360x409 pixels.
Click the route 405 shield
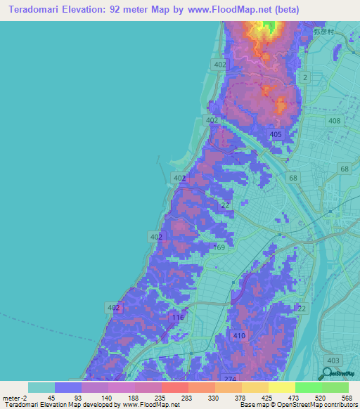tap(276, 134)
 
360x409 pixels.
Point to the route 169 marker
tap(219, 247)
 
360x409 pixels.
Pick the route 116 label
tap(177, 318)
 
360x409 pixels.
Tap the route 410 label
tap(240, 336)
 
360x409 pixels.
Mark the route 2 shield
tap(305, 76)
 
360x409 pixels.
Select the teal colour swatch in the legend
tap(41, 387)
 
